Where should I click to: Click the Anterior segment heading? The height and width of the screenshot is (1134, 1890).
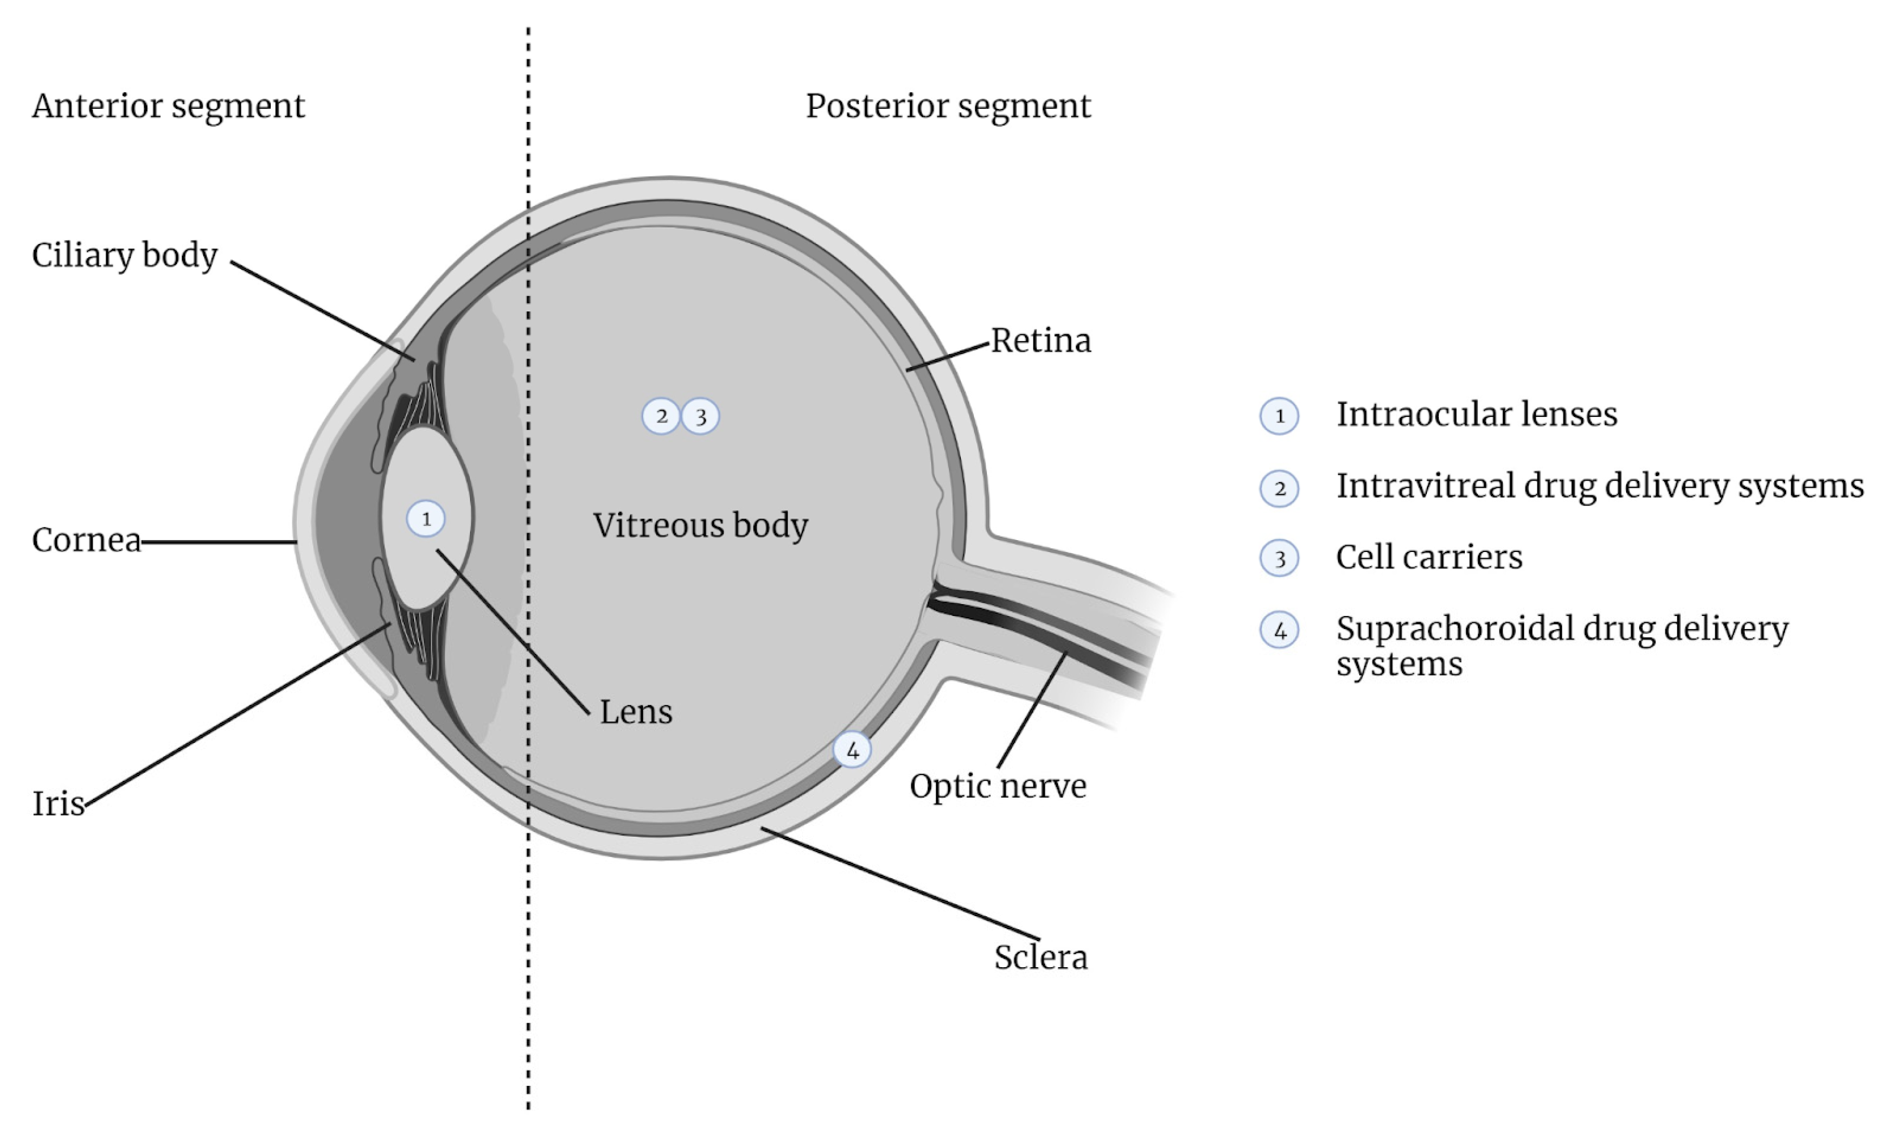(x=168, y=106)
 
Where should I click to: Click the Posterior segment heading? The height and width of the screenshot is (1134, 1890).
(x=948, y=106)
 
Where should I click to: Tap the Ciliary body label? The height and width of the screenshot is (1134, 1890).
(x=125, y=255)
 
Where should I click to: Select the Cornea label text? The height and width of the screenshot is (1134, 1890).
(x=86, y=540)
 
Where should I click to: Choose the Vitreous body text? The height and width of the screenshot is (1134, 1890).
(x=700, y=525)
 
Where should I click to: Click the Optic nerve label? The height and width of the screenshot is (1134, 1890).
(x=998, y=786)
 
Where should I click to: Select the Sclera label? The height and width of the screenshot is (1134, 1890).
(x=1040, y=956)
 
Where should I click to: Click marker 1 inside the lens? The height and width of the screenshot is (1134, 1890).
(x=426, y=519)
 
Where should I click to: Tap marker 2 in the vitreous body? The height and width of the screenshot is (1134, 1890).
(x=661, y=416)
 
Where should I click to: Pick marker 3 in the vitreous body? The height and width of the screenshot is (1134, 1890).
(x=700, y=416)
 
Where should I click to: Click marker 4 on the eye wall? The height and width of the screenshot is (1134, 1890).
(x=852, y=749)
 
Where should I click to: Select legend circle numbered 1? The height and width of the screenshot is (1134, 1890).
(x=1279, y=416)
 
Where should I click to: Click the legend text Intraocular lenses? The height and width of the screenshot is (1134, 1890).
(x=1476, y=414)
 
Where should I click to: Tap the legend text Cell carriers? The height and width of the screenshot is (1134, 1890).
(x=1429, y=557)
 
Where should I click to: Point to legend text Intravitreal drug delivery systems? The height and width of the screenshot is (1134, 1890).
(x=1599, y=486)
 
